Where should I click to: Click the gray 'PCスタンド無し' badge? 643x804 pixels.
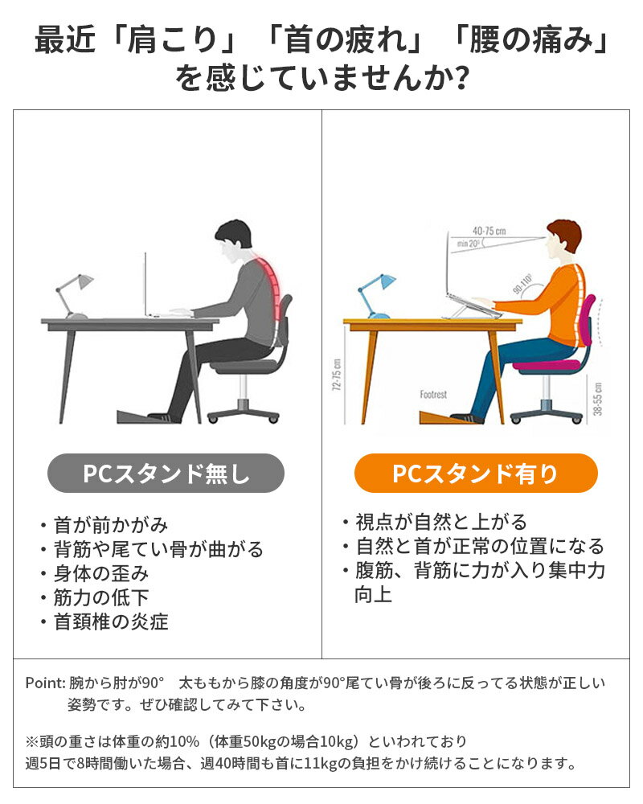[x=166, y=474]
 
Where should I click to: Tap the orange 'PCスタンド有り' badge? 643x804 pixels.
[x=476, y=474]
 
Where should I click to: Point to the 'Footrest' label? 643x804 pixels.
[x=433, y=394]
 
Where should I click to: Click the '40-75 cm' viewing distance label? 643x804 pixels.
[x=489, y=231]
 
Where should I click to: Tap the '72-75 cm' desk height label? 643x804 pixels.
[x=337, y=375]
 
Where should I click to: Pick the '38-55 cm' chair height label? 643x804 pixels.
[x=598, y=399]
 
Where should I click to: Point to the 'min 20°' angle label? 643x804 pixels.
[x=468, y=244]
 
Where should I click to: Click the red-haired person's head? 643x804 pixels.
[x=563, y=240]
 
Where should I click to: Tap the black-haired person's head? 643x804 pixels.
[x=233, y=241]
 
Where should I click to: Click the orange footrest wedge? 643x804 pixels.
[x=442, y=416]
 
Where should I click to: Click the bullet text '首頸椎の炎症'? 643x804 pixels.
[x=111, y=621]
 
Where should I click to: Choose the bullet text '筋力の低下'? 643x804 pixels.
[x=101, y=597]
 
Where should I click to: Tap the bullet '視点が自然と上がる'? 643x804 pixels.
[x=441, y=522]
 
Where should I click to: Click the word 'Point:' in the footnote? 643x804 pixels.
[x=46, y=683]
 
